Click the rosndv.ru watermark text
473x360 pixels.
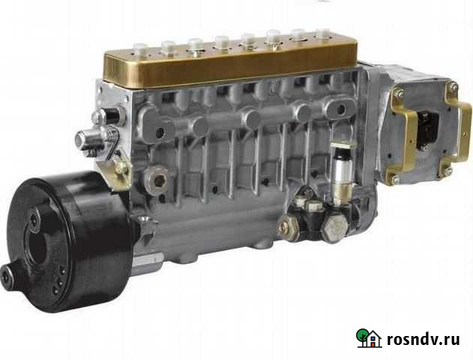[424, 339]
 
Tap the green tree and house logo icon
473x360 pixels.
[368, 338]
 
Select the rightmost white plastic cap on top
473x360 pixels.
[323, 34]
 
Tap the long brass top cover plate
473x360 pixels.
[232, 64]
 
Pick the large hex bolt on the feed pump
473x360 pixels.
[335, 227]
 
